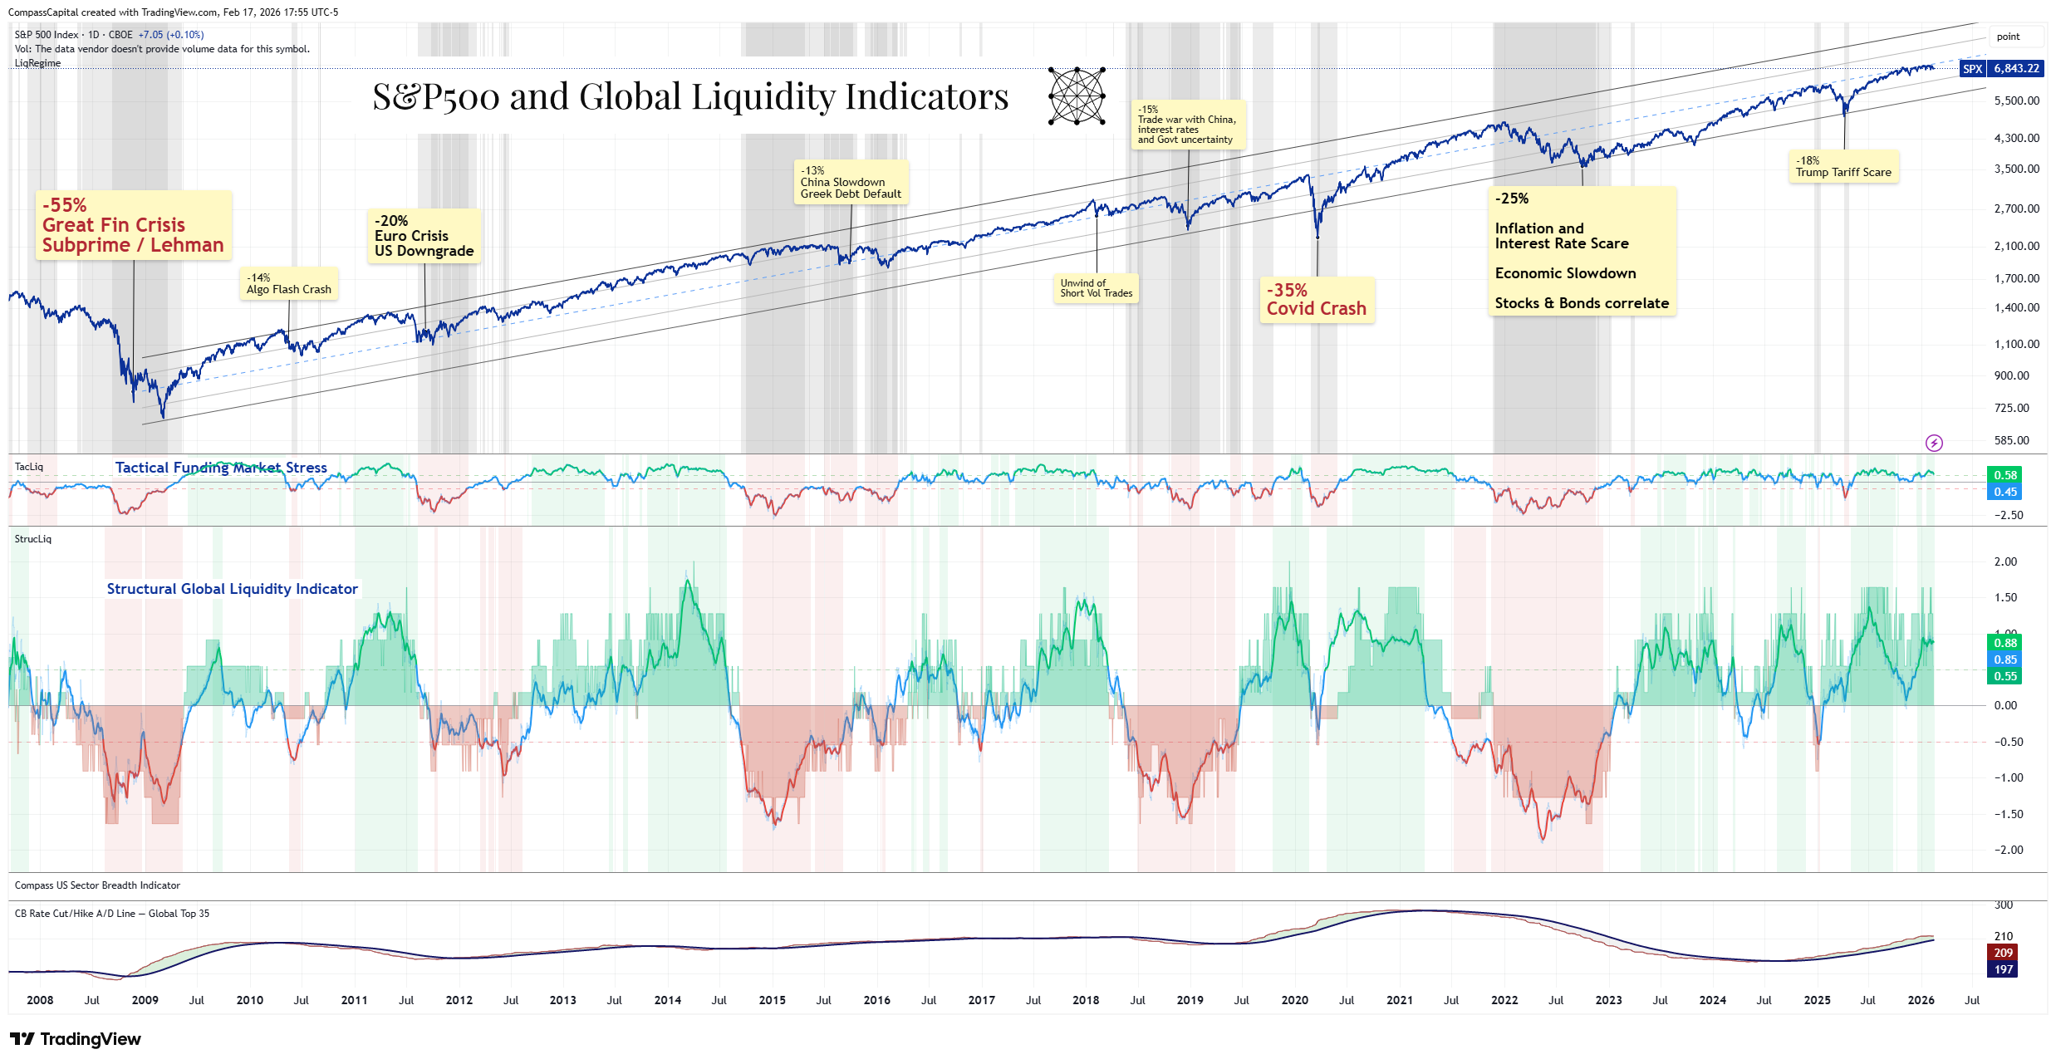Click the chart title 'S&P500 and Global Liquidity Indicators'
(690, 97)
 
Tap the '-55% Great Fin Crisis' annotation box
(133, 225)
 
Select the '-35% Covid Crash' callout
(1317, 300)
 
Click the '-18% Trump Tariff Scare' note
(1843, 167)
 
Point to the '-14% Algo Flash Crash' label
(289, 284)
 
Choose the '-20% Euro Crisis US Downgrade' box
(424, 236)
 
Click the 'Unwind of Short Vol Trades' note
(1096, 288)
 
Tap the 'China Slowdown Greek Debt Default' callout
(851, 183)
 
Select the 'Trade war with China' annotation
(1187, 125)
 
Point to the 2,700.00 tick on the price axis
(2016, 208)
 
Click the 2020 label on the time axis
(1294, 1000)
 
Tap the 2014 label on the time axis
(667, 1000)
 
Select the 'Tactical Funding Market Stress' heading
(221, 468)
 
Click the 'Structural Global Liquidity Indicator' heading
(233, 589)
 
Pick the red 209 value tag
(2003, 953)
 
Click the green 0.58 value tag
(2004, 475)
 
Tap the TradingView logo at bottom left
(76, 1039)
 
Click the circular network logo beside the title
(1077, 96)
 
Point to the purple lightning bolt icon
(1934, 443)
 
